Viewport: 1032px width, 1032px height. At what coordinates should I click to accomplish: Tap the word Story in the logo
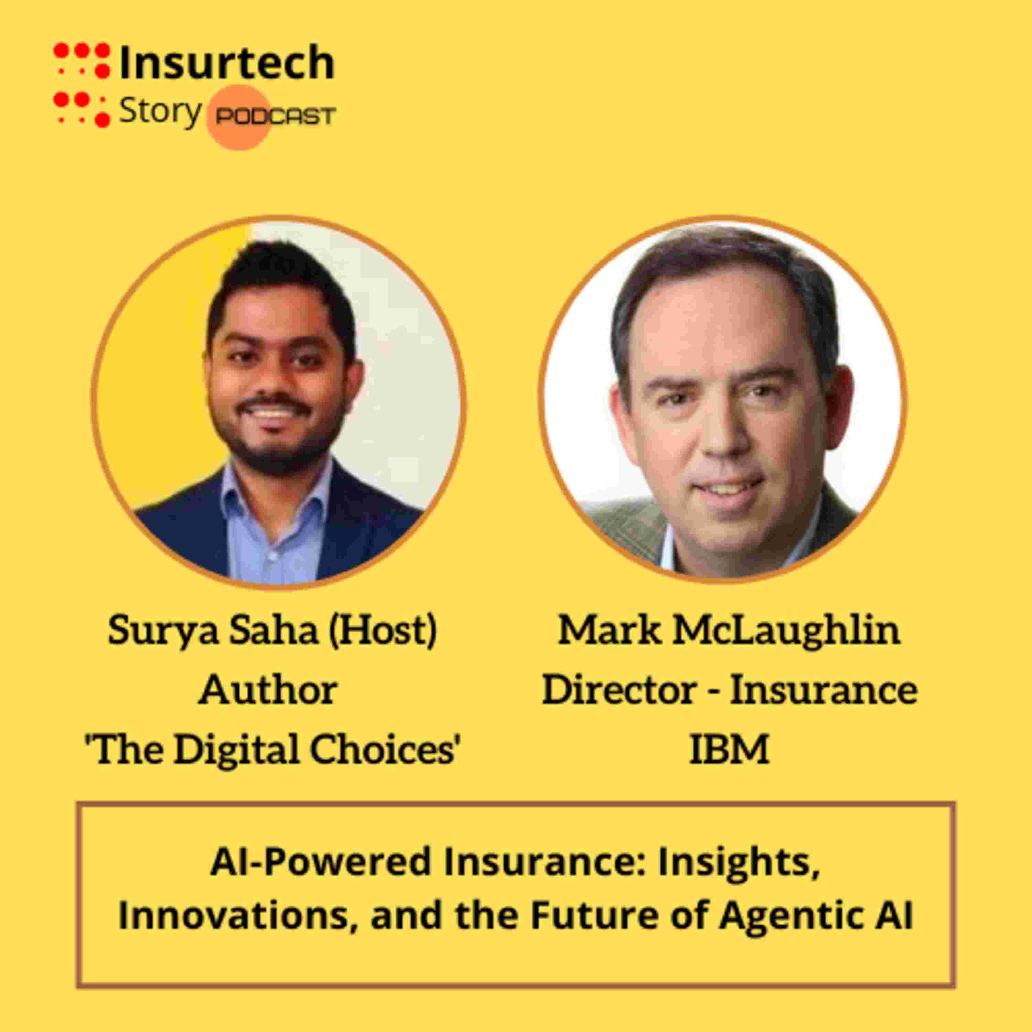(160, 112)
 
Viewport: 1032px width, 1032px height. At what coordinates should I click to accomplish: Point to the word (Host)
(383, 630)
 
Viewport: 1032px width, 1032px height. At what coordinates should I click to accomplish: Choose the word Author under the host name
(268, 690)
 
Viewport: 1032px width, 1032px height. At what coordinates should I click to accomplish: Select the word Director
(620, 690)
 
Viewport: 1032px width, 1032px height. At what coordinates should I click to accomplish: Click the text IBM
(729, 750)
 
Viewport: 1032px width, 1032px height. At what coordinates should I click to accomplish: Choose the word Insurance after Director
(824, 690)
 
